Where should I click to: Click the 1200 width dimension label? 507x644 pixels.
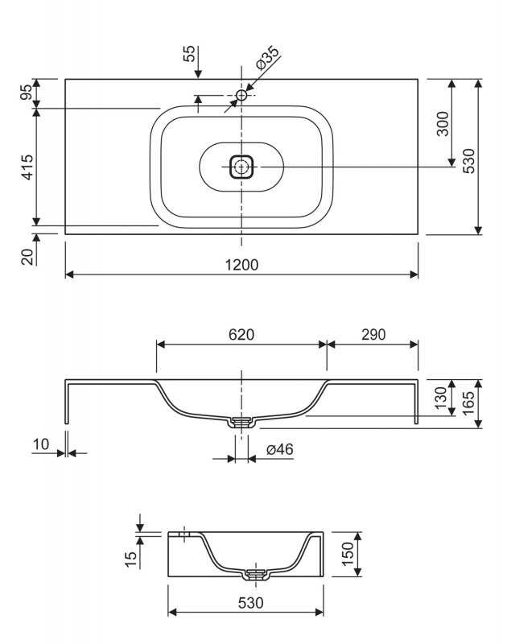pyautogui.click(x=241, y=265)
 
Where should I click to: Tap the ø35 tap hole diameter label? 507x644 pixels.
pyautogui.click(x=267, y=58)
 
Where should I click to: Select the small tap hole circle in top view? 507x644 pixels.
pyautogui.click(x=241, y=95)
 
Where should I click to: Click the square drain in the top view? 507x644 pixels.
pyautogui.click(x=241, y=167)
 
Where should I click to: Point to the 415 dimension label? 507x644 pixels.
pyautogui.click(x=27, y=167)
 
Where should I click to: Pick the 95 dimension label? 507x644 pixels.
pyautogui.click(x=27, y=92)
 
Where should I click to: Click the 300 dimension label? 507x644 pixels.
pyautogui.click(x=443, y=123)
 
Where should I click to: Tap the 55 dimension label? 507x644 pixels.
pyautogui.click(x=189, y=53)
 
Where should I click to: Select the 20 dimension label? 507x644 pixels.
pyautogui.click(x=27, y=257)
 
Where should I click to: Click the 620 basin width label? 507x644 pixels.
pyautogui.click(x=241, y=335)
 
